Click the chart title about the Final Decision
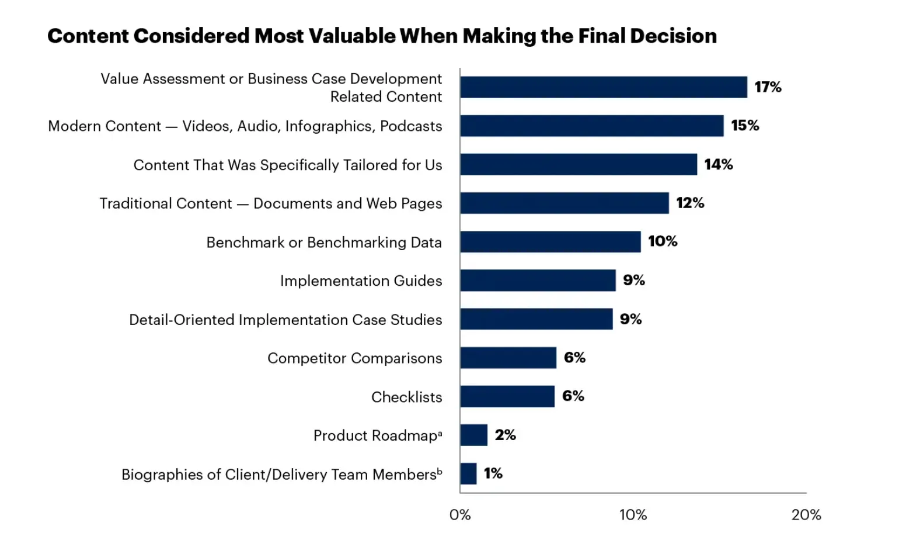382,36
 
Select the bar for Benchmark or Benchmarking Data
550,242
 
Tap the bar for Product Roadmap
473,435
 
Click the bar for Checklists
507,397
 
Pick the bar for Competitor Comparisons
508,358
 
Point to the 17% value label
768,87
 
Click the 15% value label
745,126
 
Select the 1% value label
493,473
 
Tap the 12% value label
690,203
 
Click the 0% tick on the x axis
460,515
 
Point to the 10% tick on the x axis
633,515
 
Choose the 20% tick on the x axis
806,515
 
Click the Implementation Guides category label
361,281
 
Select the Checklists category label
406,397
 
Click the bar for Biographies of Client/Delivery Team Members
468,474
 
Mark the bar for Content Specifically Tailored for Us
578,165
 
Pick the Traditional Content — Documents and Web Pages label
271,203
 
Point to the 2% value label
505,435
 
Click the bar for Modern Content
591,126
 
